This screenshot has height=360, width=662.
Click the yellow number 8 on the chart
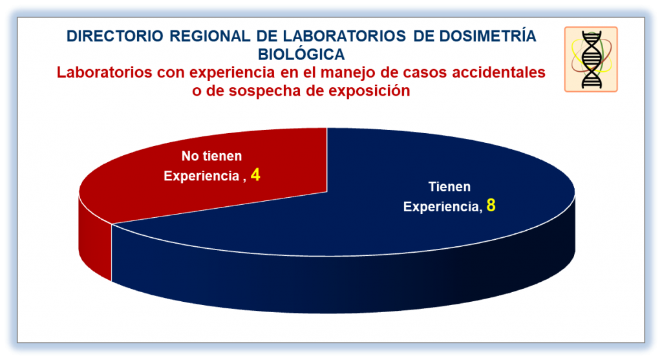point(491,205)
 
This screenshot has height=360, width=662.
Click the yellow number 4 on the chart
point(255,175)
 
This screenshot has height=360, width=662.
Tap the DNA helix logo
point(591,59)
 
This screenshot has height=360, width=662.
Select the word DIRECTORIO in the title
point(115,36)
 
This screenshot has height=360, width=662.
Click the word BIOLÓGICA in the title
point(301,54)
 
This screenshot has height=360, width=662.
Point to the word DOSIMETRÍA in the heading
point(487,36)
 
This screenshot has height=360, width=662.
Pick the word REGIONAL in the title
point(210,36)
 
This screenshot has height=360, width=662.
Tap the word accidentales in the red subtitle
point(498,72)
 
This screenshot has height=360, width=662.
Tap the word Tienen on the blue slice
point(449,187)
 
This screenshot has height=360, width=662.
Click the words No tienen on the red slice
point(211,156)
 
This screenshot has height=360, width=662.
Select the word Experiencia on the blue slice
point(442,207)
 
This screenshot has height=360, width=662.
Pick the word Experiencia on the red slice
point(202,176)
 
